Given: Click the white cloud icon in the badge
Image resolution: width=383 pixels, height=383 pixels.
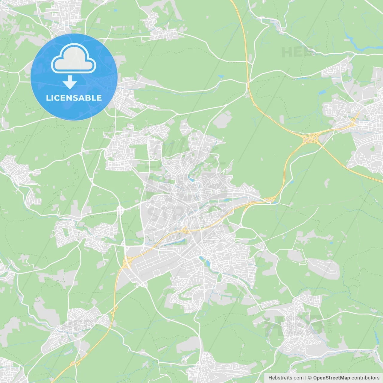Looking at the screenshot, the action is [74, 59].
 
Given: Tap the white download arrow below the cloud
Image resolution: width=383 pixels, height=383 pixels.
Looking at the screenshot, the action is [70, 82].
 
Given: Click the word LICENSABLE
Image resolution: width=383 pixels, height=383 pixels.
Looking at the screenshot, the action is [74, 98].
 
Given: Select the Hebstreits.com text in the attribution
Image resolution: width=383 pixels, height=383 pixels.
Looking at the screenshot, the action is [286, 378].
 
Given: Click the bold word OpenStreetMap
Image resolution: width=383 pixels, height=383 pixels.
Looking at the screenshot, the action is [331, 378].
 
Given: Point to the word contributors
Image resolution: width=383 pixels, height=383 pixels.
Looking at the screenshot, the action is [365, 378].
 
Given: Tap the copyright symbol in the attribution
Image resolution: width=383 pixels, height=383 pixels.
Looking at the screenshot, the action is [310, 378].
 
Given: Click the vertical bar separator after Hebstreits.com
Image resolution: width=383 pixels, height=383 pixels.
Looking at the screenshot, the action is [306, 378].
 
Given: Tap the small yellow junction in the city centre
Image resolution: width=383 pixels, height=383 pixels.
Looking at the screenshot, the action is [185, 230].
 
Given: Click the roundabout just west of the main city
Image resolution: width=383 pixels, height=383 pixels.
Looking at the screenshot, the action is [120, 210].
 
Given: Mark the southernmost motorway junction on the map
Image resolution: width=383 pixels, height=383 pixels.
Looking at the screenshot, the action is [73, 364].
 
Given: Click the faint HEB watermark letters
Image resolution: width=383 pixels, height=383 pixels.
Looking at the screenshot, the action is [295, 52].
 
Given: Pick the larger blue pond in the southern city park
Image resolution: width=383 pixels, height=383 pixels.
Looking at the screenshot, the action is [206, 264].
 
